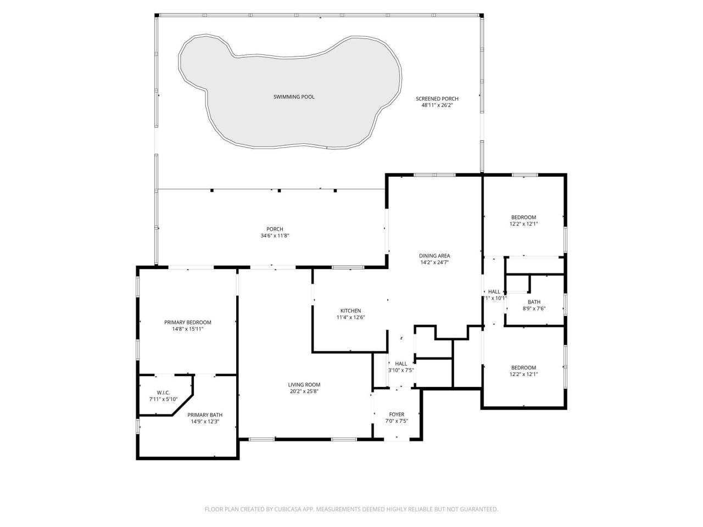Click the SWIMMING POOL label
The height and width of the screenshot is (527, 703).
[294, 97]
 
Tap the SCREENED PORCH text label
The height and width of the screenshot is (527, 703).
[437, 99]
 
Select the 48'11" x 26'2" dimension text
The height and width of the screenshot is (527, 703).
[437, 105]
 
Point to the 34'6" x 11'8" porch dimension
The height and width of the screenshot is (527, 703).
[275, 236]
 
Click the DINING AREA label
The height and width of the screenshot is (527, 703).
[434, 256]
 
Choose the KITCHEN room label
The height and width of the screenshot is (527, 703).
[350, 311]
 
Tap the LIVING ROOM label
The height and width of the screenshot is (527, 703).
[304, 385]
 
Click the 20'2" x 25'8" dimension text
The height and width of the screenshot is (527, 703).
[304, 391]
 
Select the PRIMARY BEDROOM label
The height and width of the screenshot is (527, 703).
[188, 323]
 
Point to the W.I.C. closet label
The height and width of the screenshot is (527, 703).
[163, 393]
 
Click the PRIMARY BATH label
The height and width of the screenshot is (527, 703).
[205, 415]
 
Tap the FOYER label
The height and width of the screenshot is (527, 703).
[397, 414]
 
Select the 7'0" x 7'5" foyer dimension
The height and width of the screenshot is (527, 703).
[397, 421]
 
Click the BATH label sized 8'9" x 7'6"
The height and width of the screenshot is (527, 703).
[534, 302]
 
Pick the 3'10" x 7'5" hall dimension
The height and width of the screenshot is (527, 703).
[401, 370]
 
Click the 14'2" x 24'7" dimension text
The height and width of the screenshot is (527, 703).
[434, 262]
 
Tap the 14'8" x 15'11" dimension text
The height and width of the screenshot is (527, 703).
[188, 329]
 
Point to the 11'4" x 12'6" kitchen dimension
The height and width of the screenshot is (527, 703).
[350, 317]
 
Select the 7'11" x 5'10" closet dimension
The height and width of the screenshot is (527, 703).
[163, 399]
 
